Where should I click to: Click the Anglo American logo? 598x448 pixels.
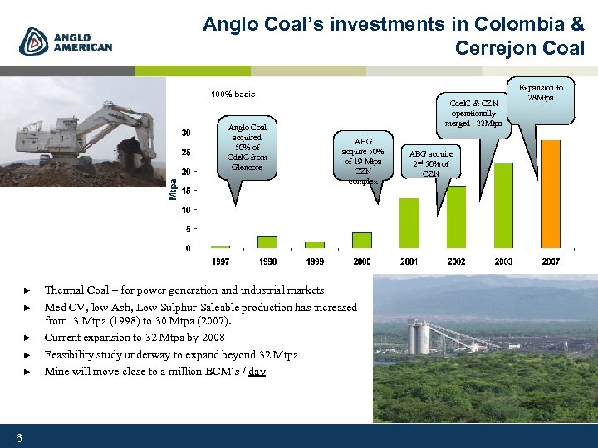click(x=66, y=41)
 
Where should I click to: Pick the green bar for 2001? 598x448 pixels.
click(x=409, y=223)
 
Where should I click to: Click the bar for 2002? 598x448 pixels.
click(x=456, y=217)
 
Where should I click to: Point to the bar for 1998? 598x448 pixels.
click(x=267, y=242)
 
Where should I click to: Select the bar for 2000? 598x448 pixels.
click(x=362, y=240)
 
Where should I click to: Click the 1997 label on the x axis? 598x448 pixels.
click(x=220, y=261)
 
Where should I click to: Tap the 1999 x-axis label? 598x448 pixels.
click(x=315, y=261)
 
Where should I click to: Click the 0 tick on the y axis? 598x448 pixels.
click(x=188, y=248)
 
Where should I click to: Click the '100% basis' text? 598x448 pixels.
click(x=233, y=94)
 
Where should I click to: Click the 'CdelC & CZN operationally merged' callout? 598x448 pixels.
click(x=473, y=108)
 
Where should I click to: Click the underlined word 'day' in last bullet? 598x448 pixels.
click(x=257, y=372)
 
